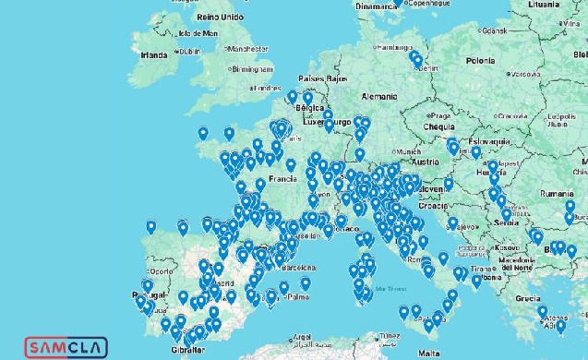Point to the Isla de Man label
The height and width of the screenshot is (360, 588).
(198, 33)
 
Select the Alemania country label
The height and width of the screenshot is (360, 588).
(379, 95)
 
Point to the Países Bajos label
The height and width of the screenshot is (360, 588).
(324, 79)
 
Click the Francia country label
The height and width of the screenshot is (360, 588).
(282, 178)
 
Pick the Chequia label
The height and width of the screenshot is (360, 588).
(418, 126)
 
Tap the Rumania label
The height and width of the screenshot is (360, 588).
(558, 195)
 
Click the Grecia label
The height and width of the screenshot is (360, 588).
(528, 298)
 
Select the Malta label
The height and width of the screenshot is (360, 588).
(429, 353)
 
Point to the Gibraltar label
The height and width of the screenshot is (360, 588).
(187, 353)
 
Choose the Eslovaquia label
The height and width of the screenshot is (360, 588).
(489, 141)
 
